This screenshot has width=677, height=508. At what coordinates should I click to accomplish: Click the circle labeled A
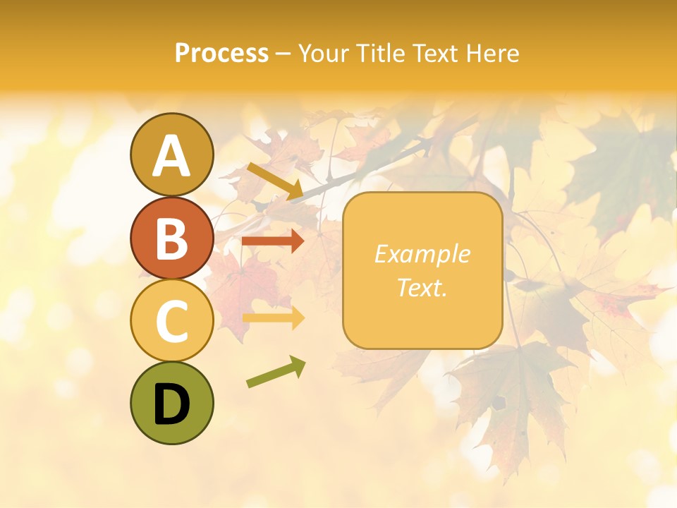click(171, 155)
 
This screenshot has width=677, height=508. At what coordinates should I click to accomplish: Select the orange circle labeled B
click(171, 238)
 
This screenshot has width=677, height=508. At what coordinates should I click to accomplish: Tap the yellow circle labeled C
click(171, 320)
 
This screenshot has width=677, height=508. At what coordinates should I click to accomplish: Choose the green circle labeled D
click(171, 403)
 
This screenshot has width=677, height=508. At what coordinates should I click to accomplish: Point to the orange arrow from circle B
click(272, 241)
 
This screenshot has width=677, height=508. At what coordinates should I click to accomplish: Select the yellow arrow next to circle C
click(273, 317)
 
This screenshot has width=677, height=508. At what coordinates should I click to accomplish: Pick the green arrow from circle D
click(276, 372)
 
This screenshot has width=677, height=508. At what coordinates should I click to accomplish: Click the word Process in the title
click(221, 53)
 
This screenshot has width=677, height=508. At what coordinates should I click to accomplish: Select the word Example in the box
click(422, 254)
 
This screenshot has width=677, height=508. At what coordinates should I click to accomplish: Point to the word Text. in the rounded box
click(422, 287)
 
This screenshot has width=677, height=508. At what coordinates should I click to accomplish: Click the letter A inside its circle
click(171, 156)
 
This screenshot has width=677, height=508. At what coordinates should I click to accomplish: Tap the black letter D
click(171, 404)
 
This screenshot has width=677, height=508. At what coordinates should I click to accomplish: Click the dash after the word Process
click(283, 54)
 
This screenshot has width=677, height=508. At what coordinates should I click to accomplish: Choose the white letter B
click(171, 238)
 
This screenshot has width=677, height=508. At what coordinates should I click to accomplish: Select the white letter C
click(171, 321)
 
